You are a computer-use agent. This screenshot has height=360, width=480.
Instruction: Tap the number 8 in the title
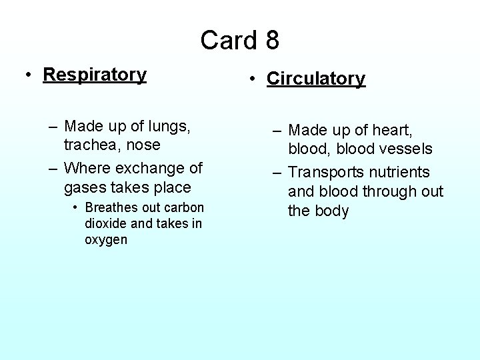[x=271, y=40]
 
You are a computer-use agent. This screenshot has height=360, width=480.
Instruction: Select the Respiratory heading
[x=95, y=74]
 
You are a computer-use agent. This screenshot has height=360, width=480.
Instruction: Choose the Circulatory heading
[x=316, y=79]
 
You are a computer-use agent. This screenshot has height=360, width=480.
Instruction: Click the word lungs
[x=171, y=126]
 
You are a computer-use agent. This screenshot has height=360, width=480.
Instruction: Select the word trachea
[x=89, y=144]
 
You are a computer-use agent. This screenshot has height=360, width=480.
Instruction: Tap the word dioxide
[x=105, y=223]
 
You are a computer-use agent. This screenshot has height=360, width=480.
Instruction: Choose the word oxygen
[x=106, y=239]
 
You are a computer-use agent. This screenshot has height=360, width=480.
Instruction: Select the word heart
[x=389, y=130]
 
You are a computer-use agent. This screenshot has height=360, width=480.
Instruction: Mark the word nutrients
[x=399, y=172]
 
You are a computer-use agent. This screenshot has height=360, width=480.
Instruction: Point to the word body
[x=332, y=211]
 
